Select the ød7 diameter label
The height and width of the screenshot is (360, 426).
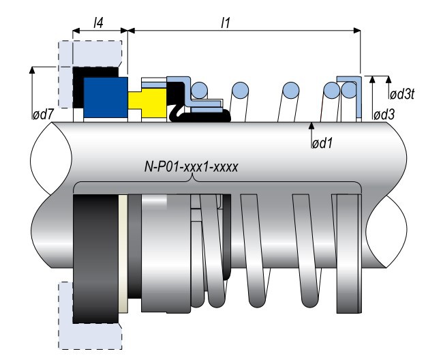(x=43, y=114)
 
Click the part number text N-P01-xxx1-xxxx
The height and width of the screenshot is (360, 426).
(x=194, y=165)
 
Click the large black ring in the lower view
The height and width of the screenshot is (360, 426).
(x=95, y=256)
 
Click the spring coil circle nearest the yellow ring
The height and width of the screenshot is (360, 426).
(x=199, y=90)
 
